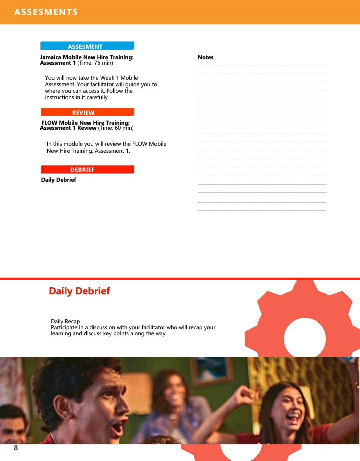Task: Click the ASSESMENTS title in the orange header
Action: (46, 12)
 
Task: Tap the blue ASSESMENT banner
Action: (87, 46)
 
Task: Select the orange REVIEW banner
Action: (87, 112)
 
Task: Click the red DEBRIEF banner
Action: (87, 169)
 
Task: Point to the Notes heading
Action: (205, 57)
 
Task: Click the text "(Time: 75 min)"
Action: (95, 63)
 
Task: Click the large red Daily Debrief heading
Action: (79, 291)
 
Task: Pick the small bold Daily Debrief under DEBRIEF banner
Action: (58, 180)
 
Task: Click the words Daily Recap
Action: (65, 321)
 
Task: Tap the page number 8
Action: (16, 448)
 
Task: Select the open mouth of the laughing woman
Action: (294, 416)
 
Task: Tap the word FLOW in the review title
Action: (49, 123)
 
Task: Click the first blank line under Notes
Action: (262, 65)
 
